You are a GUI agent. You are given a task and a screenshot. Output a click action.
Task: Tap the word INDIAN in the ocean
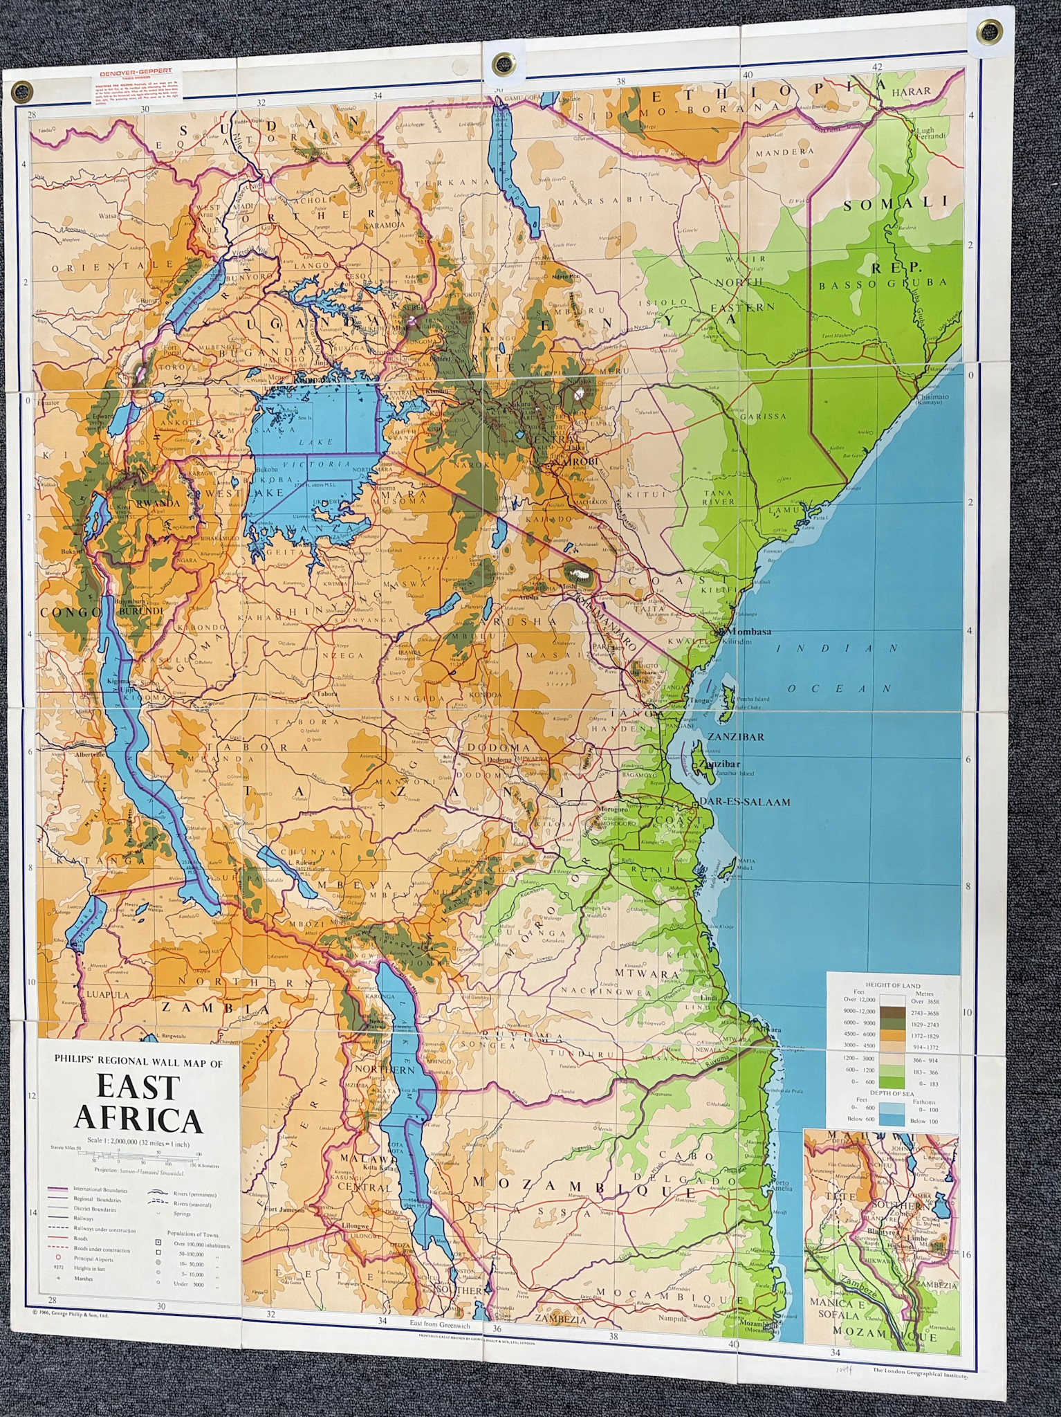[836, 648]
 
